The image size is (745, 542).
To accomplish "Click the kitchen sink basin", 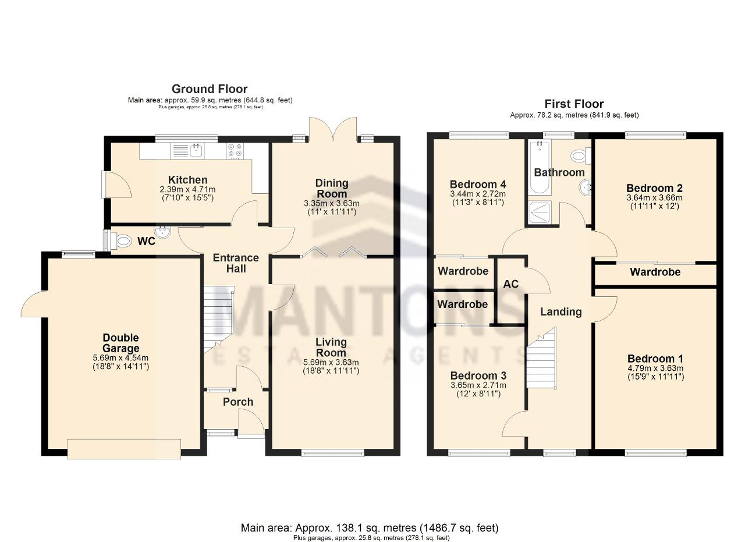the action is pos(197,151).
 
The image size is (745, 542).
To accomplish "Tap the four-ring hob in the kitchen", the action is pos(235,150).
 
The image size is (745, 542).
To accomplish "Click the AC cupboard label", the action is pos(511,284).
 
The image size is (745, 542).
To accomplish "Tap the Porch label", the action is pos(238,402).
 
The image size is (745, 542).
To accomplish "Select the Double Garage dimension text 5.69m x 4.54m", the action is pos(120,358).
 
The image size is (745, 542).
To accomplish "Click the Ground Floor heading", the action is pos(210,89).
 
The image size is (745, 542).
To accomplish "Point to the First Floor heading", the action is pos(574,104).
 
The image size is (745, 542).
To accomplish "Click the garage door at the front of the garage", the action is pos(124,449).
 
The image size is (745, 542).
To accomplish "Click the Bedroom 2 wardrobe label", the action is pos(655,272).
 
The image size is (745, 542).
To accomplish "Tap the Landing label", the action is pos(560,311).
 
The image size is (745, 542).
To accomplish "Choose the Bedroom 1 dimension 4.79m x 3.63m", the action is pos(655,369).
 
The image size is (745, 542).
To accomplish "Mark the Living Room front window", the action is pos(333,452).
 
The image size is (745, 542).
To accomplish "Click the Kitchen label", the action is pos(187,180).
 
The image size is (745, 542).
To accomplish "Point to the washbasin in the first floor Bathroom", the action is pos(585,187).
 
